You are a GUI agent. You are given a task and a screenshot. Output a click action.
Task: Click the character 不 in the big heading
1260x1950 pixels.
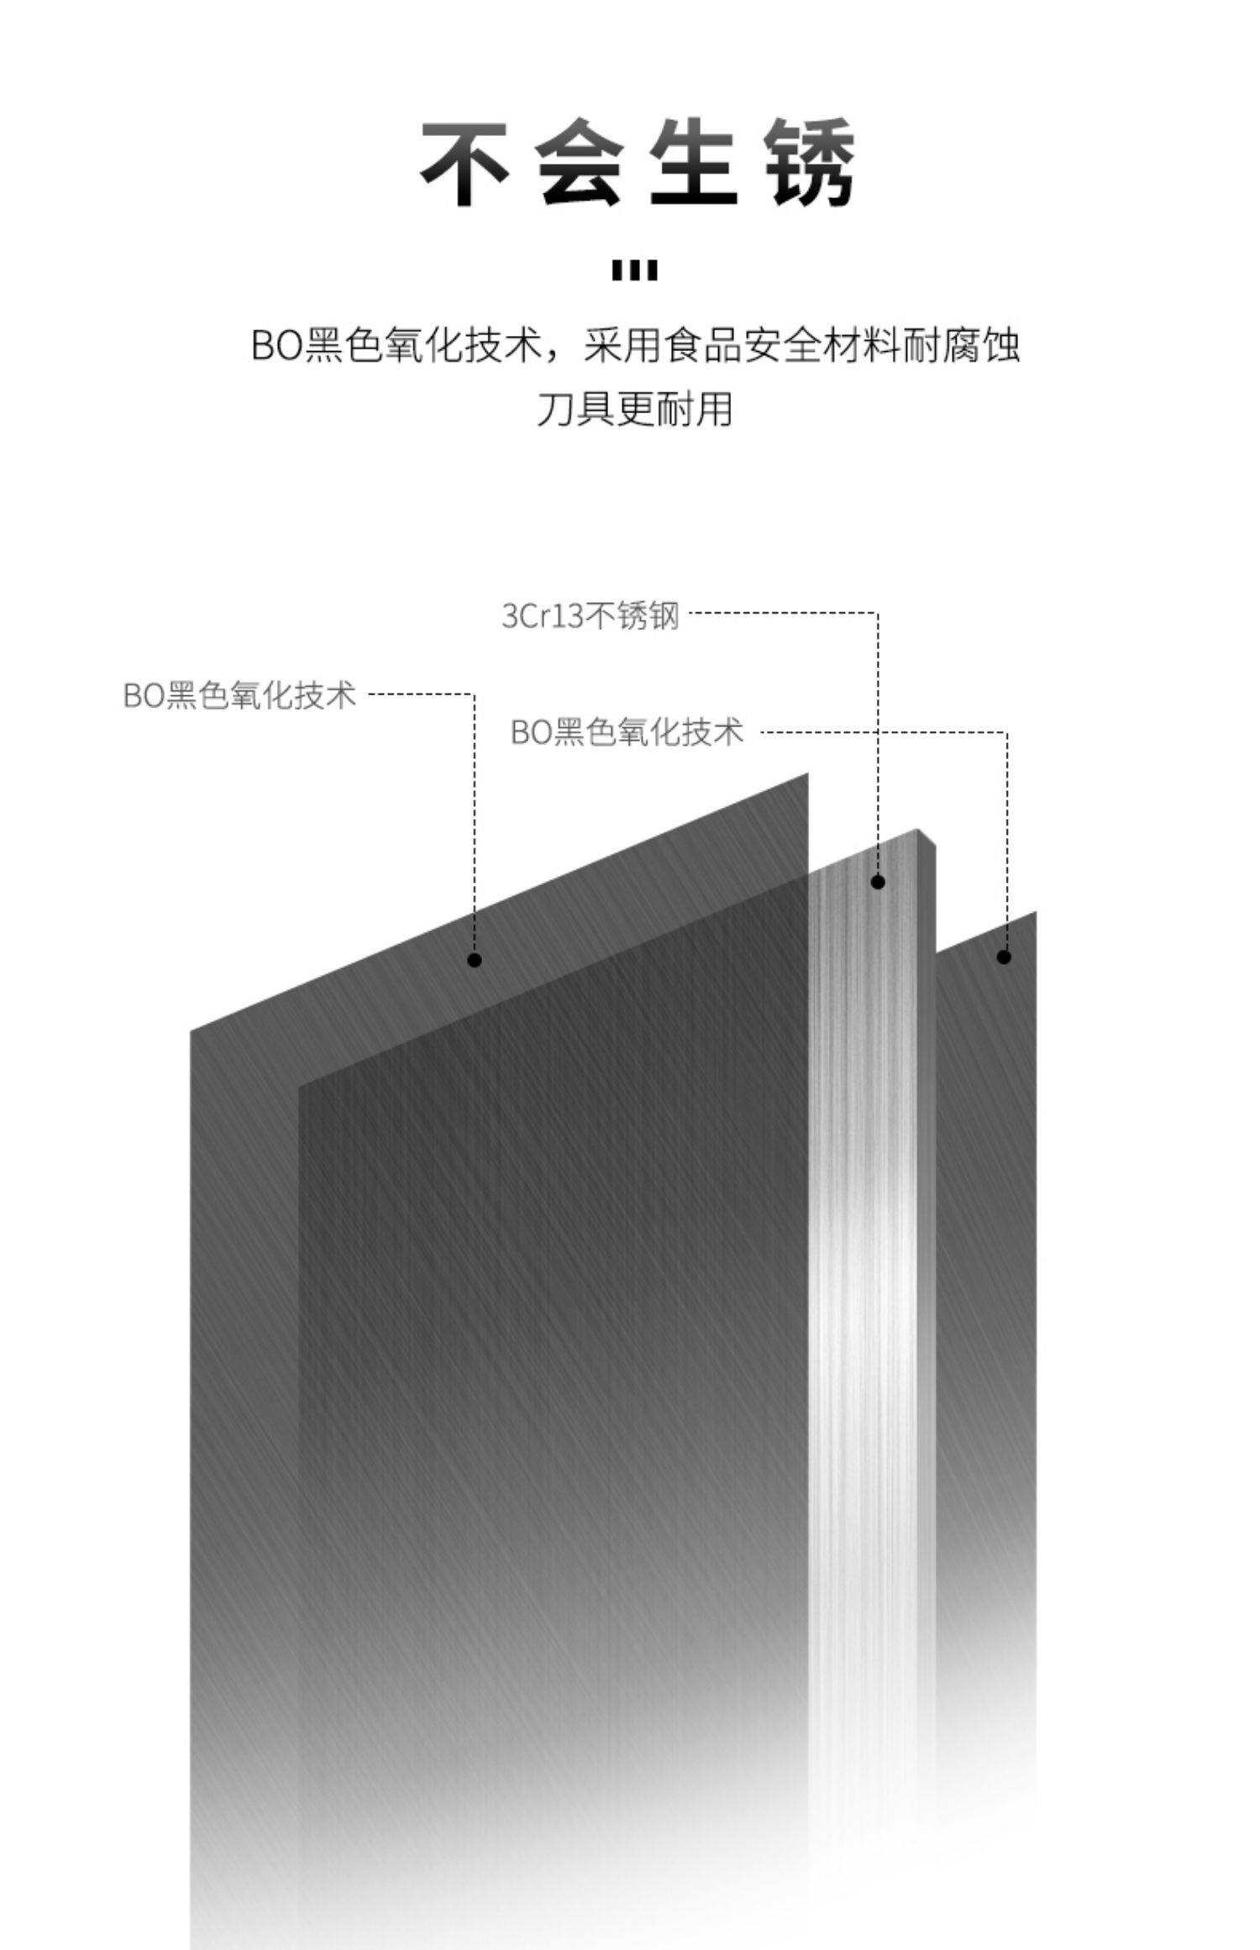click(x=465, y=164)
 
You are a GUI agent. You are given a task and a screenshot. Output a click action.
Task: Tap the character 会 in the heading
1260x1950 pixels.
click(x=580, y=164)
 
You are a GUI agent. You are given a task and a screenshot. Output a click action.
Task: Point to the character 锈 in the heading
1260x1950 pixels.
click(x=811, y=164)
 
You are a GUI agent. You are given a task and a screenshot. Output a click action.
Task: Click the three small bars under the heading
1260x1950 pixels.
click(x=635, y=270)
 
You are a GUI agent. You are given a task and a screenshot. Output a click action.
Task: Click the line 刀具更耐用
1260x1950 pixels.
click(x=634, y=409)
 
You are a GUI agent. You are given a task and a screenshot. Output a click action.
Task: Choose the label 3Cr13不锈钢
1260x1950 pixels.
click(x=590, y=616)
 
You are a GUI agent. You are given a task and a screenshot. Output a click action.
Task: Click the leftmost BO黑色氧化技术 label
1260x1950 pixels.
click(x=239, y=695)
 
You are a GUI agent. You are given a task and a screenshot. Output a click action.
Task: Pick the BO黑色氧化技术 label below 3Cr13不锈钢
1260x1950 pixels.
click(x=627, y=731)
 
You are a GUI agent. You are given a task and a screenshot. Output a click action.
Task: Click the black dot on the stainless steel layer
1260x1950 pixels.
click(x=878, y=882)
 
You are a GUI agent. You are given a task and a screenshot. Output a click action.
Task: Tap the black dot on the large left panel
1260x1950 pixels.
click(x=475, y=960)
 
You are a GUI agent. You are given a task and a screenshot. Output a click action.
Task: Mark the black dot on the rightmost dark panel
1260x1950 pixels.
click(x=1004, y=957)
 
